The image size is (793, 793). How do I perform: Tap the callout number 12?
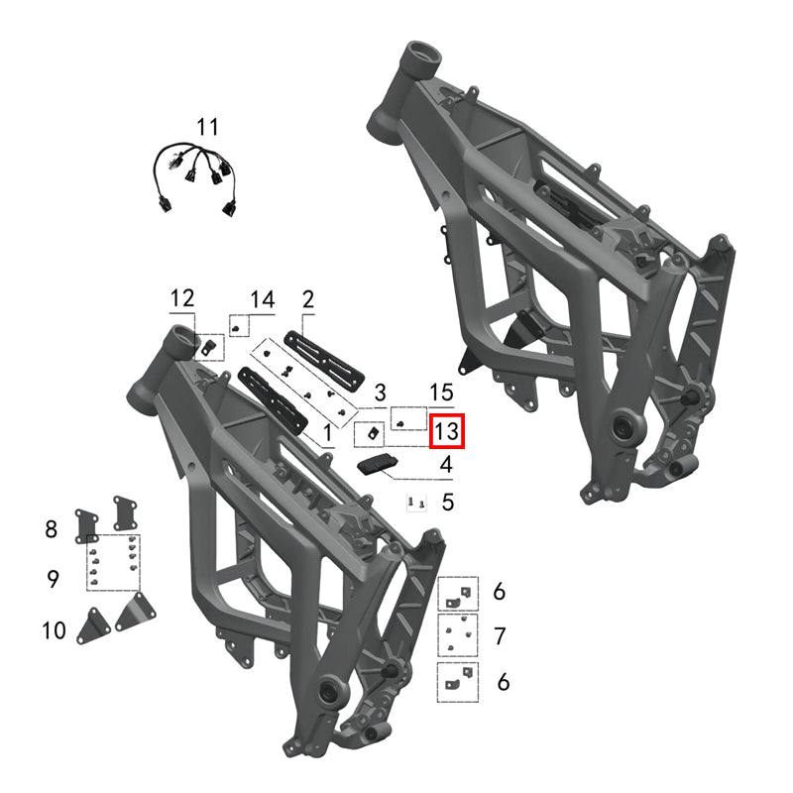pyautogui.click(x=182, y=298)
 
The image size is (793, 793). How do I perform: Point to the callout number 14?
pyautogui.click(x=262, y=298)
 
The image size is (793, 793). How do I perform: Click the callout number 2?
pyautogui.click(x=307, y=298)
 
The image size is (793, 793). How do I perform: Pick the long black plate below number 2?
pyautogui.click(x=323, y=354)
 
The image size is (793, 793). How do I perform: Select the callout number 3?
pyautogui.click(x=379, y=395)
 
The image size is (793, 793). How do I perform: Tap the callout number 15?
pyautogui.click(x=440, y=395)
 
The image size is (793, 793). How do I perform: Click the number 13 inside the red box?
pyautogui.click(x=446, y=431)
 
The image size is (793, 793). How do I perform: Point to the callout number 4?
pyautogui.click(x=447, y=463)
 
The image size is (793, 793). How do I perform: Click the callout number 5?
pyautogui.click(x=447, y=503)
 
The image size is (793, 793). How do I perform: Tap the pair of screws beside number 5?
pyautogui.click(x=416, y=505)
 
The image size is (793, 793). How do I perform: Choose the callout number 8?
pyautogui.click(x=52, y=529)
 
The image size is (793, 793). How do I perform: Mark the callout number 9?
pyautogui.click(x=54, y=579)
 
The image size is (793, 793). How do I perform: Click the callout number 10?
pyautogui.click(x=54, y=629)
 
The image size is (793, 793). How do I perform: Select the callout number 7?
pyautogui.click(x=500, y=635)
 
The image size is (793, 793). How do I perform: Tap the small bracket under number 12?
pyautogui.click(x=209, y=346)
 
